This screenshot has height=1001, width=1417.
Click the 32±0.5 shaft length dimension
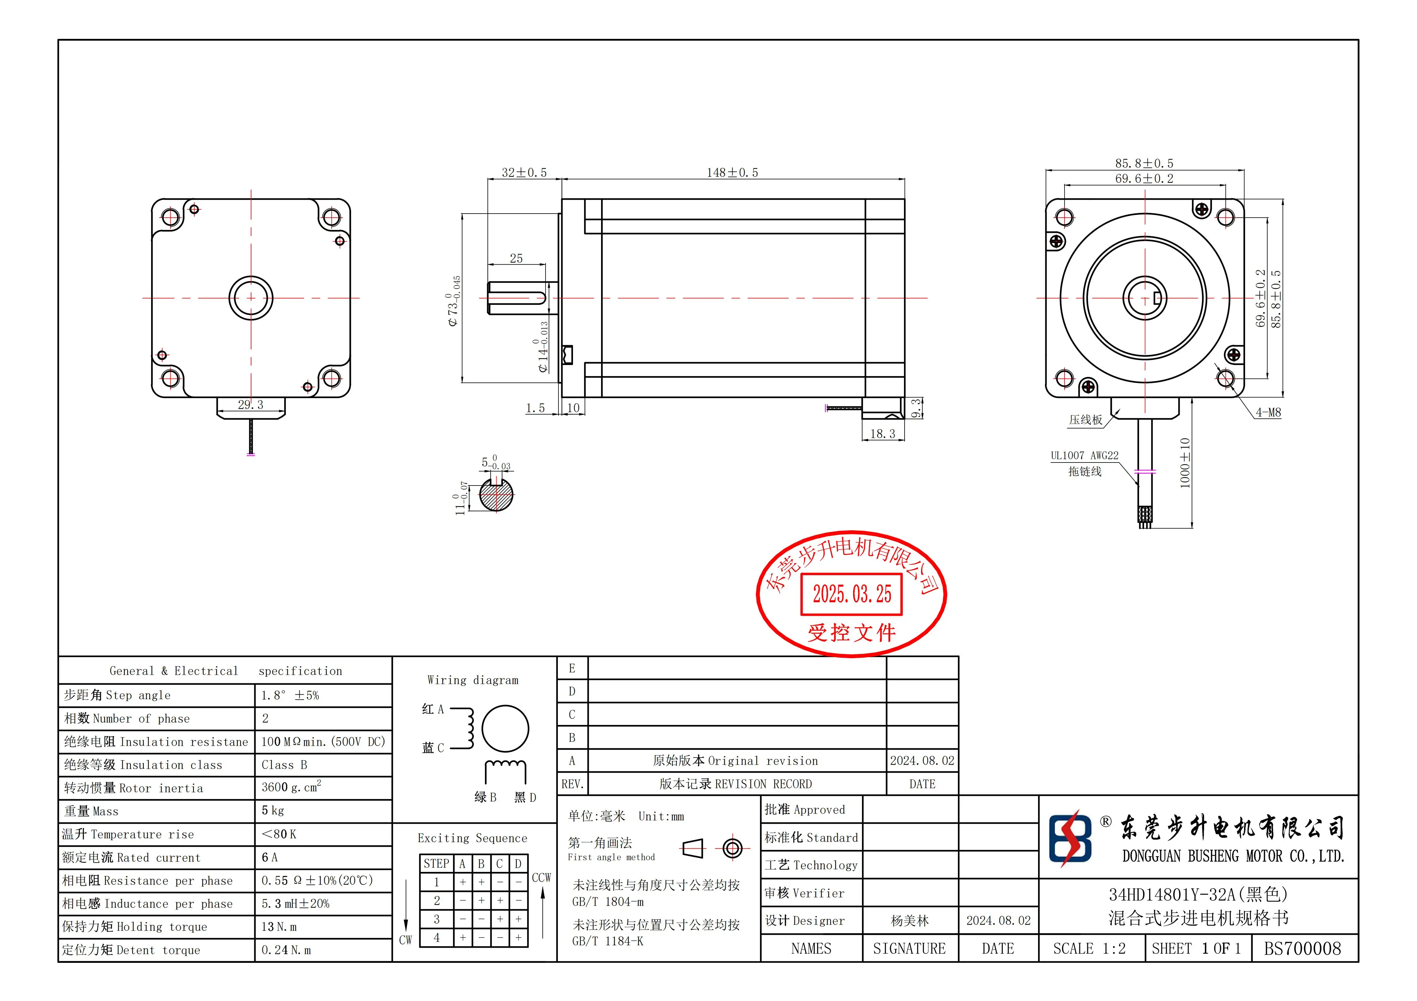[524, 173]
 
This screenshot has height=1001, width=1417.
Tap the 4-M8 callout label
[1268, 412]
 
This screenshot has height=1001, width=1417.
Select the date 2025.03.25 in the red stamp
[852, 594]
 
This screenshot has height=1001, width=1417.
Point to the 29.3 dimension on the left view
[251, 405]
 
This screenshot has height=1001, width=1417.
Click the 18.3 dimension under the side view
[883, 434]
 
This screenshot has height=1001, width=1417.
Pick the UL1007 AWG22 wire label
[1084, 456]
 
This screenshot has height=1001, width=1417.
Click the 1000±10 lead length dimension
[1185, 463]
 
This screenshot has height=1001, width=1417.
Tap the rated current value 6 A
[270, 857]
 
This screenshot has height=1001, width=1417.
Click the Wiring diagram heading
[473, 680]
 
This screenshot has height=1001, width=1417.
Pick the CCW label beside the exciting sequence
[541, 878]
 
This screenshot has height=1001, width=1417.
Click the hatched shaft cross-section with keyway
[496, 494]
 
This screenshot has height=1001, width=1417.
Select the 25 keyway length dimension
[516, 259]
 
